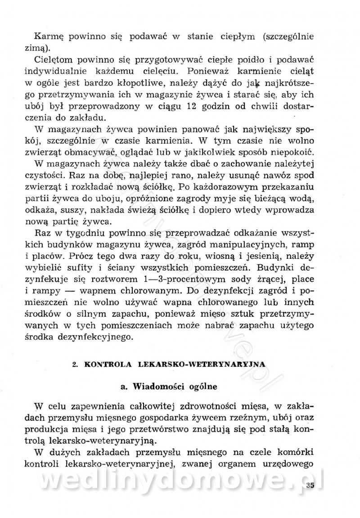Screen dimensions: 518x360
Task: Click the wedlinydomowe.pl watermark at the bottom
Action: pos(180,482)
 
